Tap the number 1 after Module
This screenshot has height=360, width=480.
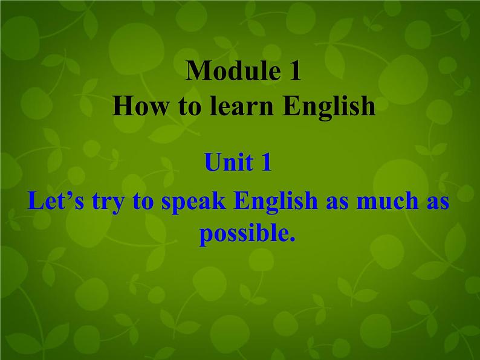click(x=291, y=72)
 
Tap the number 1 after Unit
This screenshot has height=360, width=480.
click(x=264, y=162)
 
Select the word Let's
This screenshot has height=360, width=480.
click(x=53, y=201)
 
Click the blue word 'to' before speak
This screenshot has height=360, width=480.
click(x=141, y=201)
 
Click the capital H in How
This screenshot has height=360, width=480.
click(x=123, y=107)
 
